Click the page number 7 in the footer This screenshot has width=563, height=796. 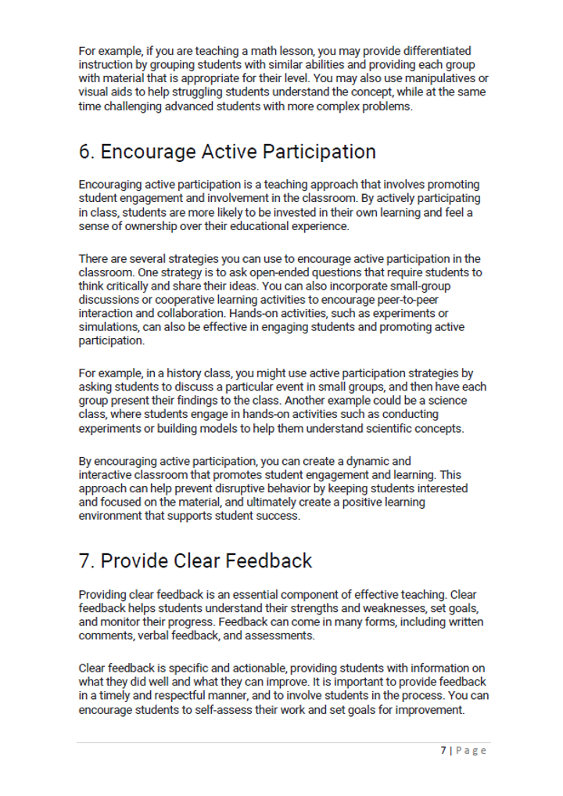(x=443, y=751)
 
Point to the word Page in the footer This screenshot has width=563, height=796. (x=472, y=751)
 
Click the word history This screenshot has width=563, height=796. (x=166, y=373)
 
